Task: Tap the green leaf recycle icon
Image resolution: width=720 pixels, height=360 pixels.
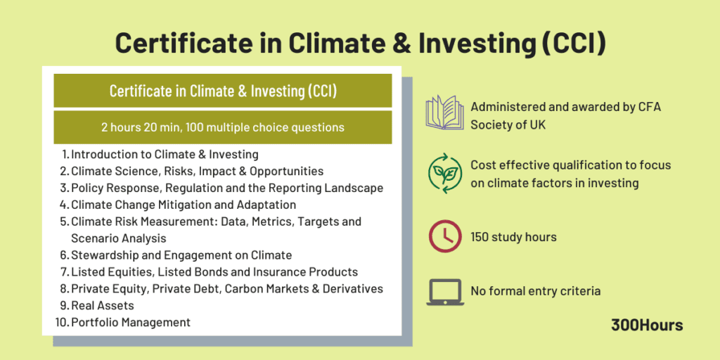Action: pyautogui.click(x=445, y=175)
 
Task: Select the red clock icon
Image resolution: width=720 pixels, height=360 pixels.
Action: pyautogui.click(x=445, y=236)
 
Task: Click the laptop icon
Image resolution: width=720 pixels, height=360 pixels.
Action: pyautogui.click(x=445, y=291)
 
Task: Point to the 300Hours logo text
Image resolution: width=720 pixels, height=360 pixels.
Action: pyautogui.click(x=647, y=325)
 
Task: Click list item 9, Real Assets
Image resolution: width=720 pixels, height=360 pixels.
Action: pyautogui.click(x=102, y=306)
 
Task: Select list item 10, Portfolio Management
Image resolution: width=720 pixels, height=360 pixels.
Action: pyautogui.click(x=130, y=323)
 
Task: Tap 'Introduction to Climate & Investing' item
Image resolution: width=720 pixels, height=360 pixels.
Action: pyautogui.click(x=165, y=154)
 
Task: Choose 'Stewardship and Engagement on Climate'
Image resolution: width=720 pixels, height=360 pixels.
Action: pyautogui.click(x=181, y=255)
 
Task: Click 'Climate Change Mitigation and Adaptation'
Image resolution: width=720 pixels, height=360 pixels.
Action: pyautogui.click(x=183, y=205)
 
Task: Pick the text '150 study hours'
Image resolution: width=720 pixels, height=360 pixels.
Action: pyautogui.click(x=513, y=237)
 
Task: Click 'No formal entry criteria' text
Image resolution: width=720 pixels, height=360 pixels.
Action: pyautogui.click(x=535, y=291)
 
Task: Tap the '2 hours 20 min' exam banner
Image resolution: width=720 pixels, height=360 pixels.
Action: pyautogui.click(x=222, y=127)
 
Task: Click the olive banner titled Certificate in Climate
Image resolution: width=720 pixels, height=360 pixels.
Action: pyautogui.click(x=222, y=91)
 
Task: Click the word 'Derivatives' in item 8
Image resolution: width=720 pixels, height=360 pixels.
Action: pyautogui.click(x=352, y=289)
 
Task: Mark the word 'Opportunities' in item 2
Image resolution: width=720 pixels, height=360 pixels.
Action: pyautogui.click(x=288, y=171)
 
